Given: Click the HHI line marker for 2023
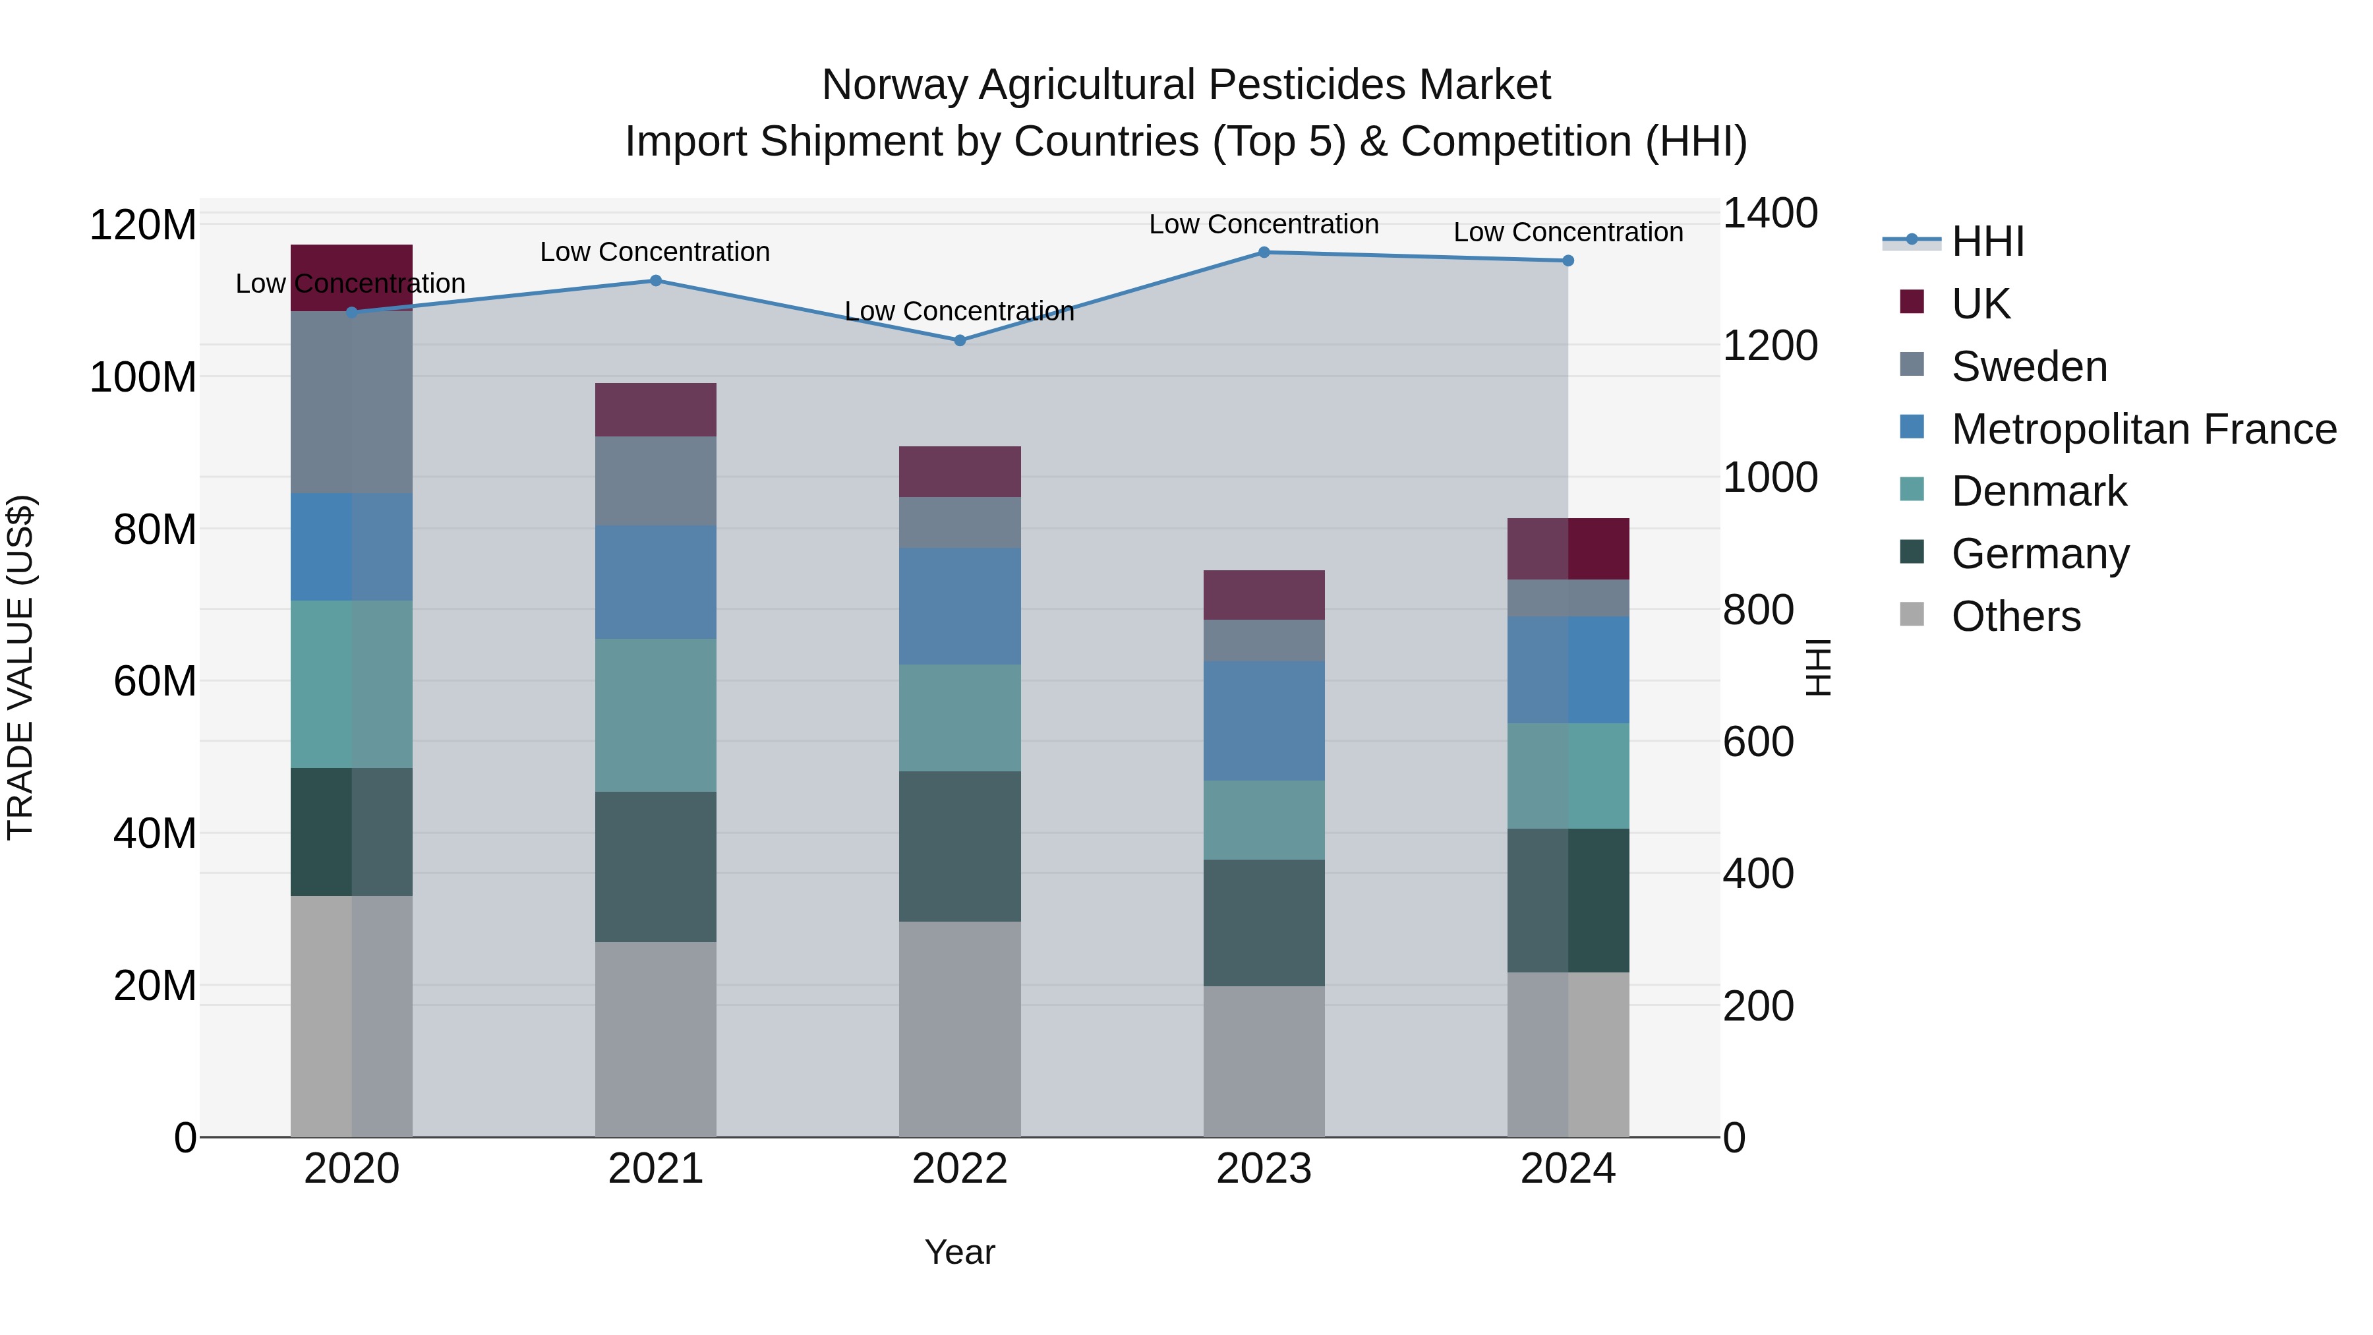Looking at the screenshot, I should [x=1264, y=252].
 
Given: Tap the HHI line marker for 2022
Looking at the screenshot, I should [x=960, y=340].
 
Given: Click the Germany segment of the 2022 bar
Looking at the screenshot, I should [x=960, y=846].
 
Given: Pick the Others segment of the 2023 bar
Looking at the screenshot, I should [x=1264, y=1061].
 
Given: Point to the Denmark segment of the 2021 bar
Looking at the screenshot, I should [x=655, y=715].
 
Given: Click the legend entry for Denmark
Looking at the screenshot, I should [x=2039, y=491].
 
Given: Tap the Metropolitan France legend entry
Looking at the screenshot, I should [x=2143, y=429].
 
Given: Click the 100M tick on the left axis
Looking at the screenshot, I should [x=143, y=378].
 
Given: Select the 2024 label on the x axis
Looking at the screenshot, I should [x=1568, y=1169].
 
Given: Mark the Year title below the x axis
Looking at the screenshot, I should [x=960, y=1252].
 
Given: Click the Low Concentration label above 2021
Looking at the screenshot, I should [x=655, y=252].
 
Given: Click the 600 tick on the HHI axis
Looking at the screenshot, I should [x=1757, y=742].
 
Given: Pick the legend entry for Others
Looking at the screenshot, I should [x=2016, y=616].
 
